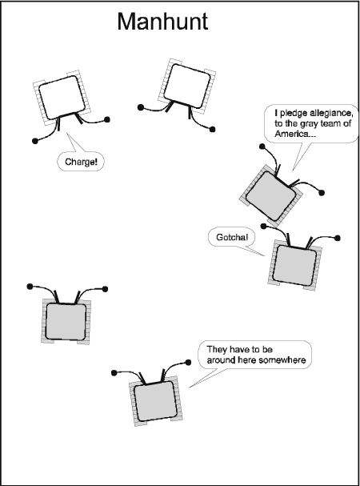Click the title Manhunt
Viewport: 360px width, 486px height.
point(162,22)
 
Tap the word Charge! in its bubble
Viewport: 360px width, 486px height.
point(81,162)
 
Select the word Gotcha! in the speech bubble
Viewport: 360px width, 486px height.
point(232,237)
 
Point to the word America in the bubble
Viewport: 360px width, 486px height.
point(291,134)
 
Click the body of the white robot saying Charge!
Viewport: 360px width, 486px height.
point(62,97)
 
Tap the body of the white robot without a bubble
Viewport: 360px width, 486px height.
point(186,85)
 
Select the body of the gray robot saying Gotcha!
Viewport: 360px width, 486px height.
point(295,265)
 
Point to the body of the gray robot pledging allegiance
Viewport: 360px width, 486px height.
point(270,196)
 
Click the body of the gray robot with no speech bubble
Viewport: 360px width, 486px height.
point(66,321)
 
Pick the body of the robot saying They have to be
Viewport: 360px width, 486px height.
point(155,401)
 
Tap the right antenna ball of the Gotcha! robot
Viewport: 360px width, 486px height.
point(338,238)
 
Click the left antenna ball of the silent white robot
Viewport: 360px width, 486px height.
point(140,107)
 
